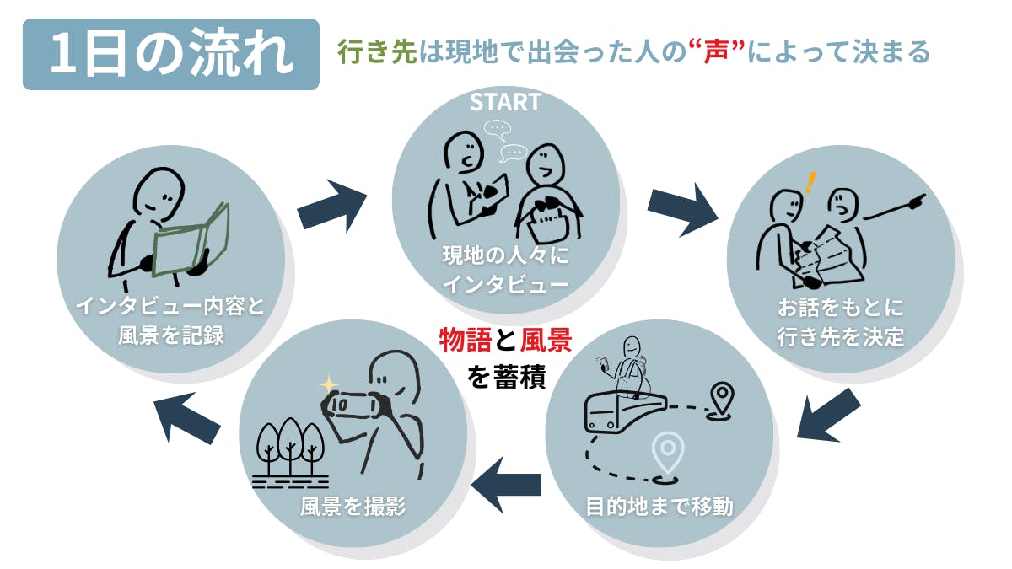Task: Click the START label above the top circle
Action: [505, 102]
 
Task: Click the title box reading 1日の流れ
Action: [170, 54]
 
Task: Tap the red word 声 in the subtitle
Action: [716, 51]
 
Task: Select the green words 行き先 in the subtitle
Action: [377, 51]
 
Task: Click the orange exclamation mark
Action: [811, 182]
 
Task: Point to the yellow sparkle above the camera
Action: [329, 385]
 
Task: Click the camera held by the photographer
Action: [353, 405]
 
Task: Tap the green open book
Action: [191, 242]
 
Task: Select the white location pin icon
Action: [668, 454]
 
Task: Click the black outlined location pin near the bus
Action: [721, 400]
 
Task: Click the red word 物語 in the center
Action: [465, 340]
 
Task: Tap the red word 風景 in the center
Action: [546, 340]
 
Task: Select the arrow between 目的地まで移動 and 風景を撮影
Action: [507, 485]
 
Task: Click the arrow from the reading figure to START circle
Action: [332, 207]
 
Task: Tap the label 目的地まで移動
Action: [659, 507]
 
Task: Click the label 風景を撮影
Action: [353, 507]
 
